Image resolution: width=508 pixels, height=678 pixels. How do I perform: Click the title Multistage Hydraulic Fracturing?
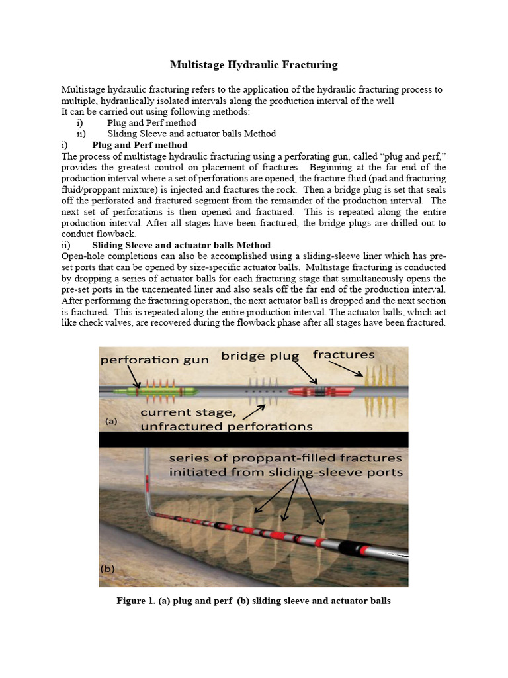click(254, 65)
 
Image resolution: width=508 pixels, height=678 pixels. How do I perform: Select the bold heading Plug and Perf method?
click(140, 145)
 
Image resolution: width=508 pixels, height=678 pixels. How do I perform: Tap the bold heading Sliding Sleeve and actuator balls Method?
click(181, 245)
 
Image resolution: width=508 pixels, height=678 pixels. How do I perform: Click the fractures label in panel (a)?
click(343, 355)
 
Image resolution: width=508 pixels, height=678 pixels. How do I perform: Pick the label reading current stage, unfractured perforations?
click(226, 420)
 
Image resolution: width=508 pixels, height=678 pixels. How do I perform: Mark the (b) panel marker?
click(110, 569)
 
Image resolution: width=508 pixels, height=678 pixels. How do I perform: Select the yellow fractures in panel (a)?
click(380, 391)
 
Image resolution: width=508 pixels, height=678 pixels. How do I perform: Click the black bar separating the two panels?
click(253, 439)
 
